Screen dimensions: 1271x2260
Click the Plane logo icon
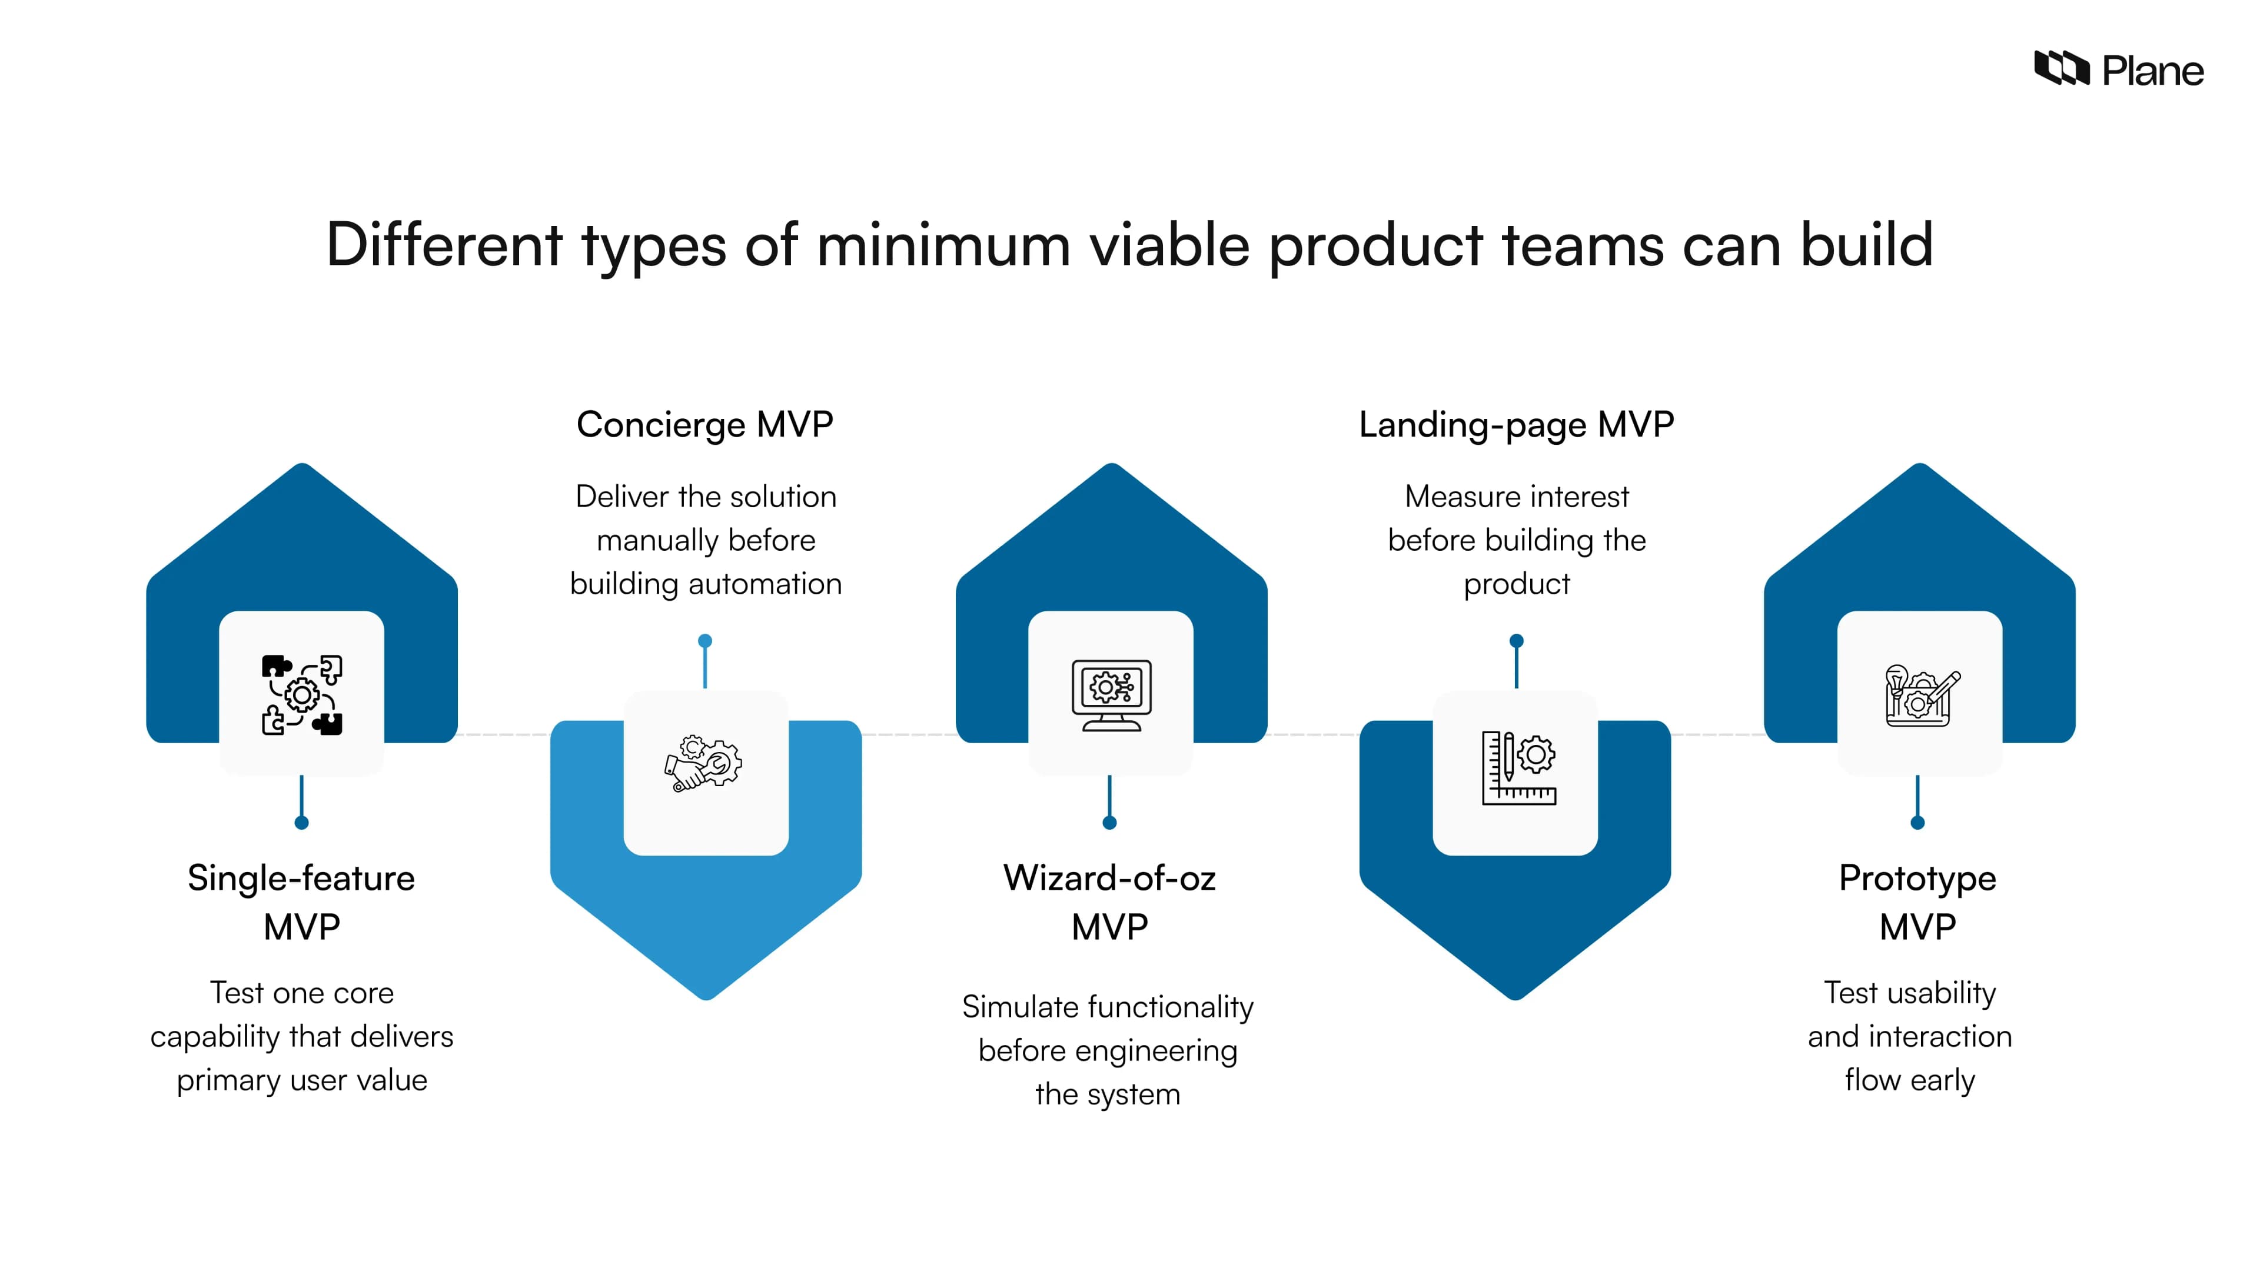tap(2061, 68)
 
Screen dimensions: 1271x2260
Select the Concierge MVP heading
tap(704, 424)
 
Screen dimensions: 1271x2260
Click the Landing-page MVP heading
tap(1516, 424)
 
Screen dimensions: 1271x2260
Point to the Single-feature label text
tap(301, 878)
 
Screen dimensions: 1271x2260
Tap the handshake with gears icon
tap(704, 763)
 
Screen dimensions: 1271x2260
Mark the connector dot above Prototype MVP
tap(1918, 823)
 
